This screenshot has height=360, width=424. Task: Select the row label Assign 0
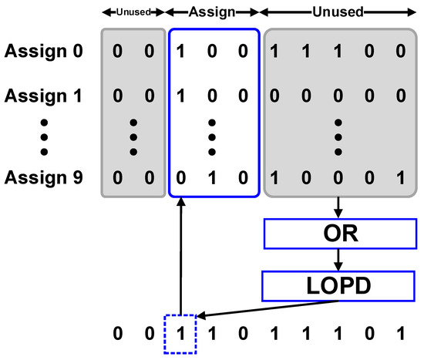(44, 53)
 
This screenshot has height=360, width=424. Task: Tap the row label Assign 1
(44, 98)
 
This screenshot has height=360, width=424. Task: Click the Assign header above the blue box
(212, 13)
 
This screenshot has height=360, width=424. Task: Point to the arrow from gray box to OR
(339, 208)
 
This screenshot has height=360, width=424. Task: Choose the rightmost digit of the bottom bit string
(398, 335)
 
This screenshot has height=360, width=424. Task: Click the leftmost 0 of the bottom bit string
(118, 335)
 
